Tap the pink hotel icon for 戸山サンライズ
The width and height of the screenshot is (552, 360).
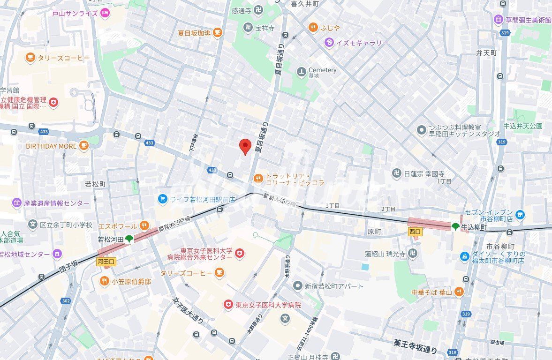point(105,13)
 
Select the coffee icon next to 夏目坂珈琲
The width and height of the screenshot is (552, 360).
point(217,32)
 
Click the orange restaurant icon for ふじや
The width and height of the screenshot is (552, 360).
point(312,28)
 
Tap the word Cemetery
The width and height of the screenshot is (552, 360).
point(322,70)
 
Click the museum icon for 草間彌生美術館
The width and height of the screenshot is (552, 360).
point(498,20)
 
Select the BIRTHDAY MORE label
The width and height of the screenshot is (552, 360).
point(51,146)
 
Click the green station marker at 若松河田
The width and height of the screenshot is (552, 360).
point(129,239)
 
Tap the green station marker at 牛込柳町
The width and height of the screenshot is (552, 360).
point(455,227)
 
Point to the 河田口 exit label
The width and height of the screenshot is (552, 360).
point(106,261)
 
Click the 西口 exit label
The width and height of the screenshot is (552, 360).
point(415,231)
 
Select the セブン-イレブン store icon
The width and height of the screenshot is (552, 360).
point(519,215)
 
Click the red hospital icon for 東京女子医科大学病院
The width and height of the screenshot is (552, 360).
point(228,305)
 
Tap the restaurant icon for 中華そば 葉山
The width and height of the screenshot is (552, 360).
point(458,292)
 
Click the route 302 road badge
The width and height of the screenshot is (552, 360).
point(66,301)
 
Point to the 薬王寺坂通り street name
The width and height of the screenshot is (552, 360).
point(416,346)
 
